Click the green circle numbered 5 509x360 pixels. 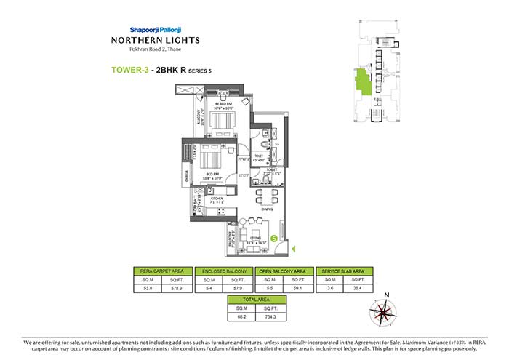[273, 238]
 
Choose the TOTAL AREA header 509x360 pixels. [252, 299]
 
